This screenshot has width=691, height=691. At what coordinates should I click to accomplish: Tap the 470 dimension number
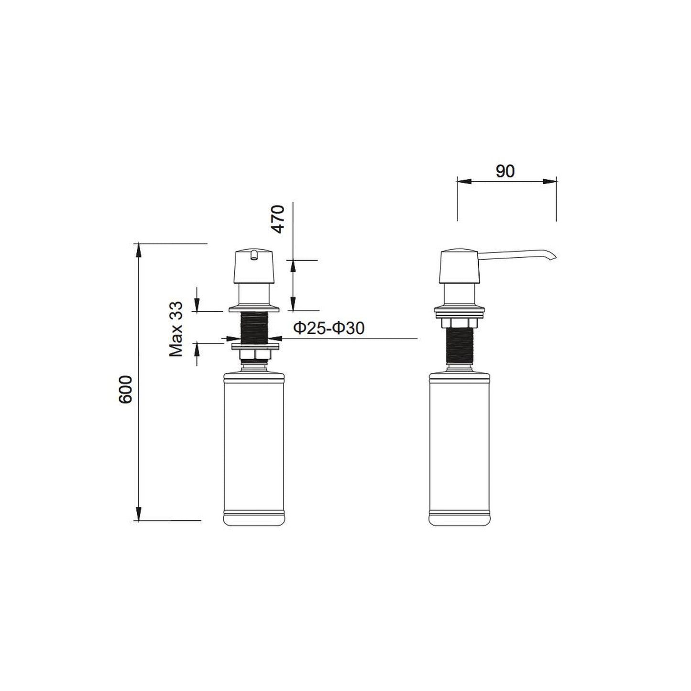click(x=277, y=219)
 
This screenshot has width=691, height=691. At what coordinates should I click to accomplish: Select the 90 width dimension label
click(x=505, y=172)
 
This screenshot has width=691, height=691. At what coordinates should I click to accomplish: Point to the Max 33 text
click(x=176, y=329)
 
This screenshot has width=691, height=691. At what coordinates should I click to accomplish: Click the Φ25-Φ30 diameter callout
click(x=329, y=328)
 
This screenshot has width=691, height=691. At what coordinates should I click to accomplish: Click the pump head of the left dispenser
click(x=254, y=266)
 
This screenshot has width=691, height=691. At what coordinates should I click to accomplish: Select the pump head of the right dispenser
click(x=460, y=266)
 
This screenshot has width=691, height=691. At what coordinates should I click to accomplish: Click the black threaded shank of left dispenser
click(x=254, y=328)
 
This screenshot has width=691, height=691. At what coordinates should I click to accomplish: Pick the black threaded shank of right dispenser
click(x=460, y=346)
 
